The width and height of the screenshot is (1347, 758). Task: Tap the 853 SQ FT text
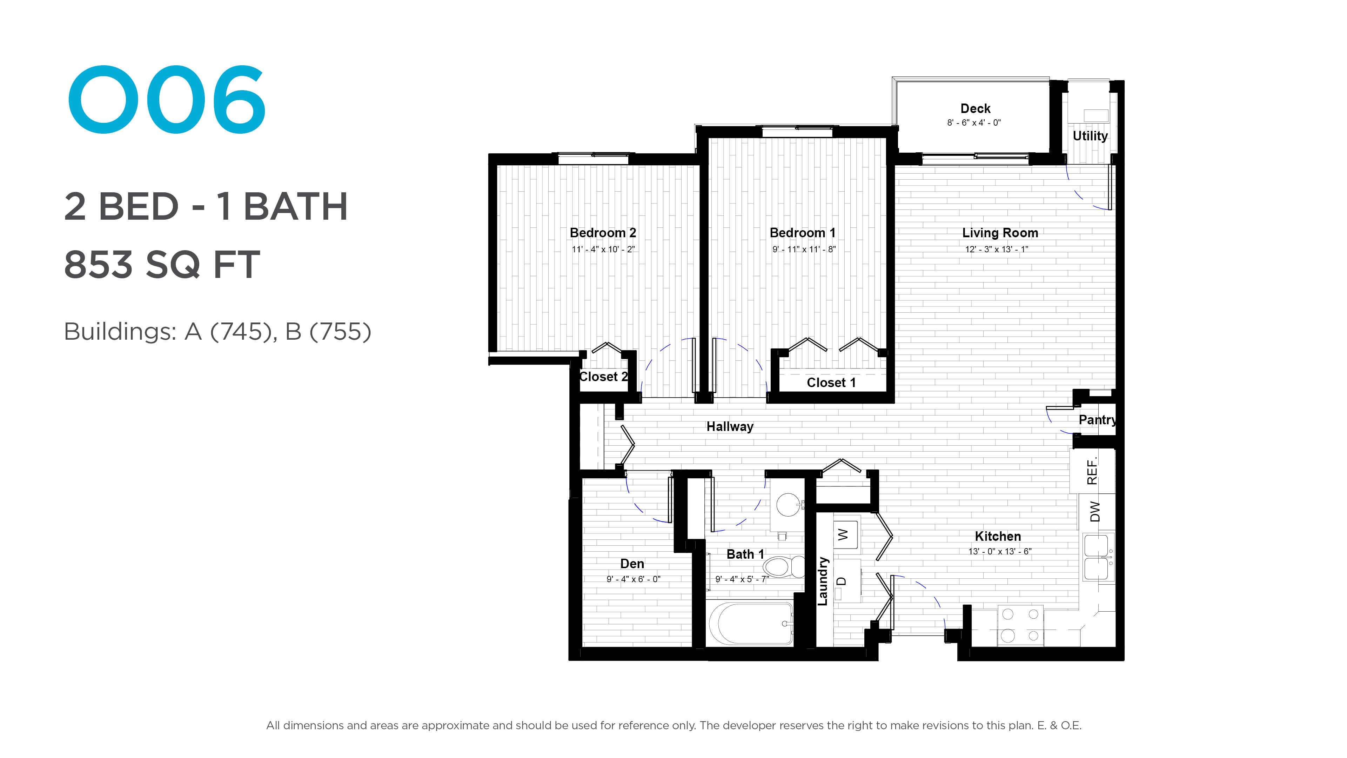point(162,265)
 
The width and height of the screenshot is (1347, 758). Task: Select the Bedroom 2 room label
point(603,233)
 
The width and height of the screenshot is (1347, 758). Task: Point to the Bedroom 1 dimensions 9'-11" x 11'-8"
point(804,250)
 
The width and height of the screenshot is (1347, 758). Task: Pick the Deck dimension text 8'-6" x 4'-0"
point(974,123)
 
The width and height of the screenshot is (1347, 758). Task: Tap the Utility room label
point(1090,136)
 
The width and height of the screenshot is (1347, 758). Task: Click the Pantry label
point(1097,420)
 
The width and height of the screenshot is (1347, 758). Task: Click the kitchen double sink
point(1098,557)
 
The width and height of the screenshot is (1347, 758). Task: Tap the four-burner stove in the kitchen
point(1020,626)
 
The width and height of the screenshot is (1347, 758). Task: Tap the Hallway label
point(730,427)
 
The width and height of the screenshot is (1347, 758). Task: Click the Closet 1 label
point(831,383)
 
